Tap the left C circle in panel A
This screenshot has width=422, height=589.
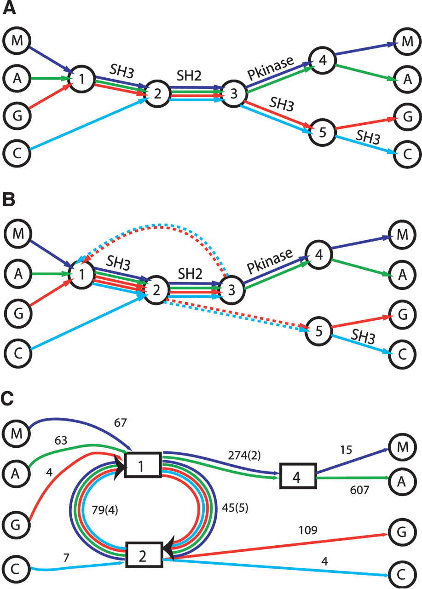(17, 150)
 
